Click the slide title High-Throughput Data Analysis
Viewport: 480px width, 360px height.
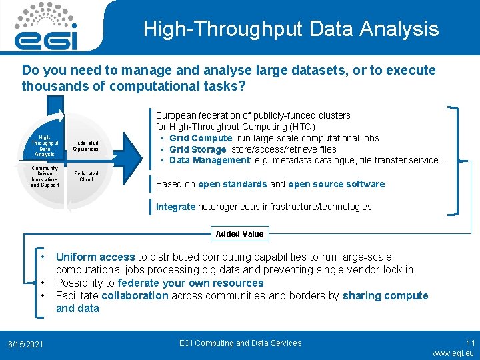(291, 29)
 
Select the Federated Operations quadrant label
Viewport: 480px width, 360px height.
(86, 145)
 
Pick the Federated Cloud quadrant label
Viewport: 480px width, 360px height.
(86, 176)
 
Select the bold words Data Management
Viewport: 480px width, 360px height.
(200, 160)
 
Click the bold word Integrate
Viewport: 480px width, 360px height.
(175, 207)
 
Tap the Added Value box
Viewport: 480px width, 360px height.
(239, 233)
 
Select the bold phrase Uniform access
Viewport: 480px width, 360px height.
(95, 257)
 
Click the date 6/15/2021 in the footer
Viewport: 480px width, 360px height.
(25, 344)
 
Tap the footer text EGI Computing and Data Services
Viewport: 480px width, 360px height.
(241, 343)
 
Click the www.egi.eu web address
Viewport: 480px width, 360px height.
(453, 353)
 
